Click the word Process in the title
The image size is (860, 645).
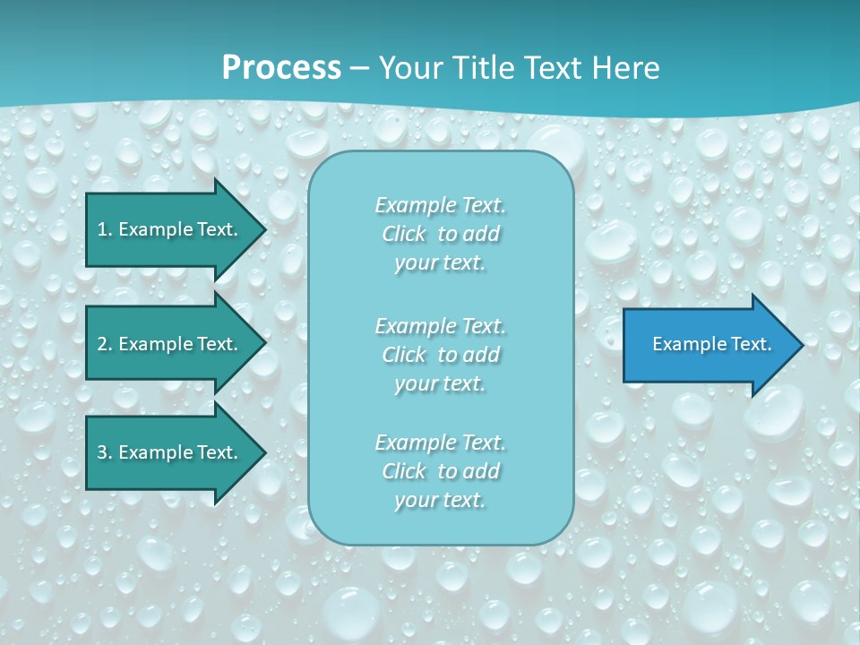click(281, 68)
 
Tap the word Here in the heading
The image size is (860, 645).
click(627, 68)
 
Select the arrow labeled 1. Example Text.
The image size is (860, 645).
click(170, 229)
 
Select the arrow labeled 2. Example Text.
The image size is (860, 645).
click(170, 344)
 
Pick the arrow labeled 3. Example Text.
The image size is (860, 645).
click(170, 452)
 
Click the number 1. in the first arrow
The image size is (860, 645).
click(104, 229)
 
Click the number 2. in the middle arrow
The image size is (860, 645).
click(104, 344)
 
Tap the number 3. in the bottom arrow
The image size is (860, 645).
click(104, 452)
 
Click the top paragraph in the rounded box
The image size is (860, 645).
click(440, 234)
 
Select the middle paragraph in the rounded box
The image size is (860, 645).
click(440, 355)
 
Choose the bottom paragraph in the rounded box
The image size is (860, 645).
click(440, 471)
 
